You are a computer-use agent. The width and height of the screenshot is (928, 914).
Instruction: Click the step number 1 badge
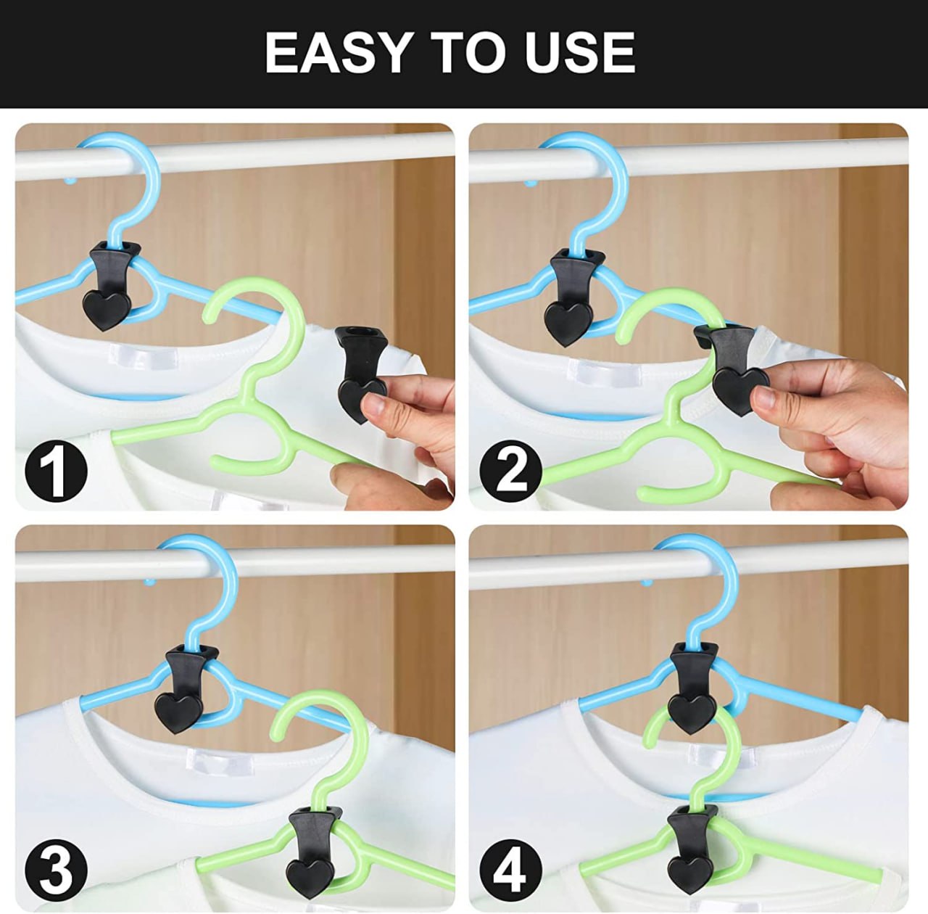(x=56, y=471)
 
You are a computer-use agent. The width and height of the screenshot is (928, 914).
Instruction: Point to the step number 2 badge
(x=510, y=471)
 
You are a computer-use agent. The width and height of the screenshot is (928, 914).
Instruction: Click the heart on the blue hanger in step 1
(x=107, y=310)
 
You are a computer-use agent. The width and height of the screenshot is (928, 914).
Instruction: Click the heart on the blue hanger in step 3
(x=178, y=711)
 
